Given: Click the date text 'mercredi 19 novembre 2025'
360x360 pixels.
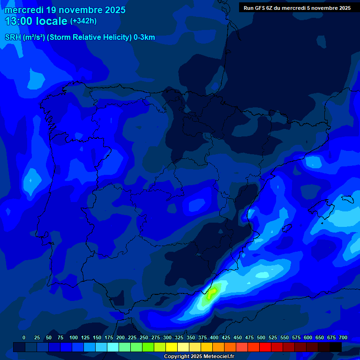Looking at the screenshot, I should click(65, 10).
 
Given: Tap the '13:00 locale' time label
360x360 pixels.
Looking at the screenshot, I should click(36, 21).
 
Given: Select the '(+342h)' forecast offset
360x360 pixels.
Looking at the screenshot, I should click(83, 21).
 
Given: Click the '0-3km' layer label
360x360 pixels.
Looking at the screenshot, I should click(144, 37).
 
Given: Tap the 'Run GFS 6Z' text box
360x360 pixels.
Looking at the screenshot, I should click(297, 8).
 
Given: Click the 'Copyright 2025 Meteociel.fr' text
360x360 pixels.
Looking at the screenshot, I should click(199, 357).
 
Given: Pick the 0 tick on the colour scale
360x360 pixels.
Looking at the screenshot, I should click(24, 337).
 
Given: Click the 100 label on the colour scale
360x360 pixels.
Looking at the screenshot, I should click(74, 337).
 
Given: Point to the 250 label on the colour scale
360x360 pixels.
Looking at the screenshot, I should click(144, 337).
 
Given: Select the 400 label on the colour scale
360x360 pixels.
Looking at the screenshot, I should click(214, 337).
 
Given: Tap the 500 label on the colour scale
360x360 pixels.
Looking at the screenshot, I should click(261, 337).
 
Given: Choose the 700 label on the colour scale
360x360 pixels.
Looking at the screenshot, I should click(343, 337).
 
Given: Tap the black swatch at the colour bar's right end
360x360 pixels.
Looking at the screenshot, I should click(336, 347).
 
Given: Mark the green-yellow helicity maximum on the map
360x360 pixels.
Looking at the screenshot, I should click(210, 295).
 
